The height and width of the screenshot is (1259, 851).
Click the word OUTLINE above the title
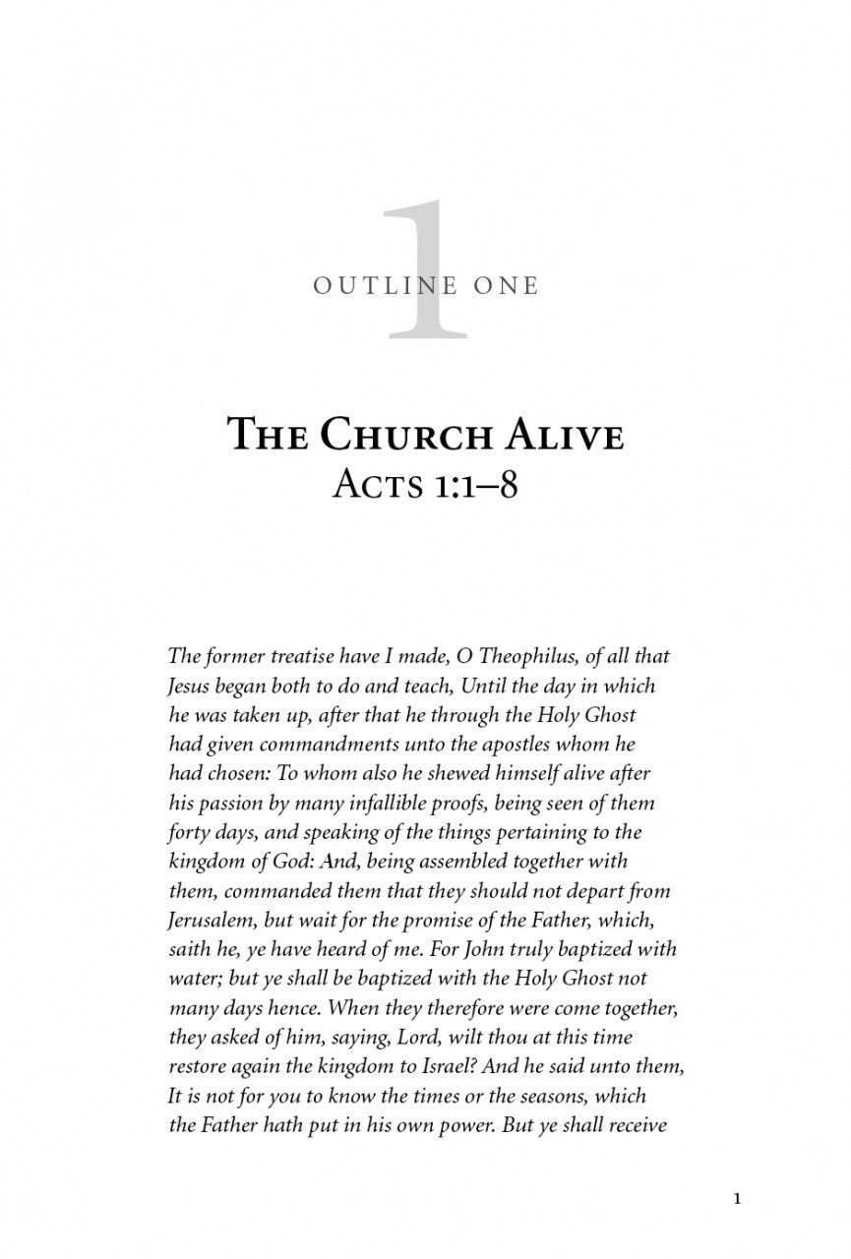[x=376, y=286]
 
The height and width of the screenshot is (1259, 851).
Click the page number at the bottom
[x=737, y=1199]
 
